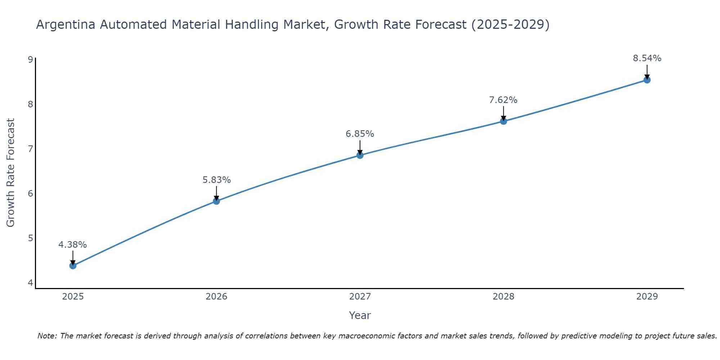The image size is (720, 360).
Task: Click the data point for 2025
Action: click(73, 266)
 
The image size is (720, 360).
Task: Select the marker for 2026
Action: click(216, 201)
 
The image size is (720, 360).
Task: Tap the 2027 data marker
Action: click(360, 155)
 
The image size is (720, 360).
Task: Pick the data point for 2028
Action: click(503, 121)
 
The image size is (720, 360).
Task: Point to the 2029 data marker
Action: click(647, 80)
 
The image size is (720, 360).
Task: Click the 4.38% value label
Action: click(73, 245)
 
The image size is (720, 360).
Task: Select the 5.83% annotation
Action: click(216, 180)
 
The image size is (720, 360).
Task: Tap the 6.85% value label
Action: click(360, 134)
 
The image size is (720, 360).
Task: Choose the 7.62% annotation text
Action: click(503, 100)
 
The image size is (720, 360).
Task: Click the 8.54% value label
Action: click(647, 58)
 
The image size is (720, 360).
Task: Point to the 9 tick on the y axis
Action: click(30, 59)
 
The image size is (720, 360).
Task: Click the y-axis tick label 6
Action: click(30, 193)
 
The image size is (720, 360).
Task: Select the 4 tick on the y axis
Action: click(30, 283)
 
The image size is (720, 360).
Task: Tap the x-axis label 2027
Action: click(360, 297)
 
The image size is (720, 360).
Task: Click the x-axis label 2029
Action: click(647, 297)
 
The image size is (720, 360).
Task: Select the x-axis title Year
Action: click(360, 315)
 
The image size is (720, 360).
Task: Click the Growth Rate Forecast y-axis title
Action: click(11, 173)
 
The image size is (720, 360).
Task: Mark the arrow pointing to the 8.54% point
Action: click(647, 72)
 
